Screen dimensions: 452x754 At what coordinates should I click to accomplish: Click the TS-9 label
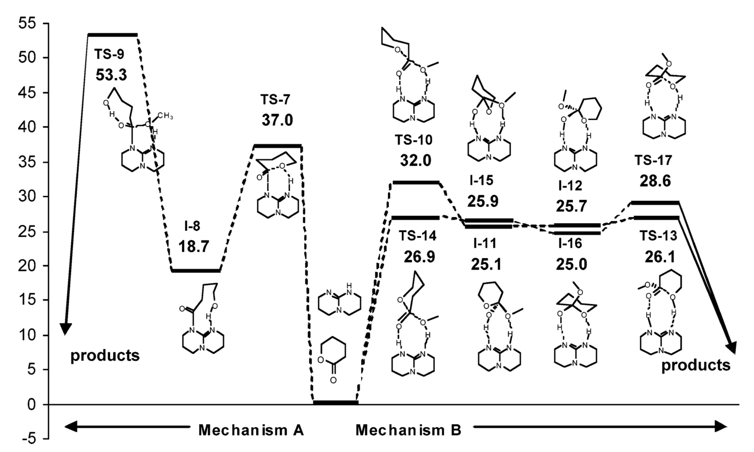coord(109,54)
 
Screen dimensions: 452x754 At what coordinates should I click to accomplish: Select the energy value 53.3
coord(111,75)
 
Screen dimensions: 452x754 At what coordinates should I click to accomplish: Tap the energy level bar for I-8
coord(196,270)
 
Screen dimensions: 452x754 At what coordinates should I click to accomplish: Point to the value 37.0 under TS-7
coord(277,120)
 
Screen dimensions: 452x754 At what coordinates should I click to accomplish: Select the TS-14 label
coord(417,236)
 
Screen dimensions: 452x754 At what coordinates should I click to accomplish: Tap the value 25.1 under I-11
coord(486,264)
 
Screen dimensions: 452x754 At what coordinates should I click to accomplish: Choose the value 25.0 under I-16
coord(571,264)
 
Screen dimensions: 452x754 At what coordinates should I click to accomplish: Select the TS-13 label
coord(658,236)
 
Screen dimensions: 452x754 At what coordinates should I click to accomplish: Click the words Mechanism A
coord(251,430)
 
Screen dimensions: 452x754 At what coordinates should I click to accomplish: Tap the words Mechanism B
coord(408,430)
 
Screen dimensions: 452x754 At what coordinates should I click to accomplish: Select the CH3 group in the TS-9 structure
coord(165,116)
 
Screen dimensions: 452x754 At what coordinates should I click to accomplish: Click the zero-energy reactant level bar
coord(335,403)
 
